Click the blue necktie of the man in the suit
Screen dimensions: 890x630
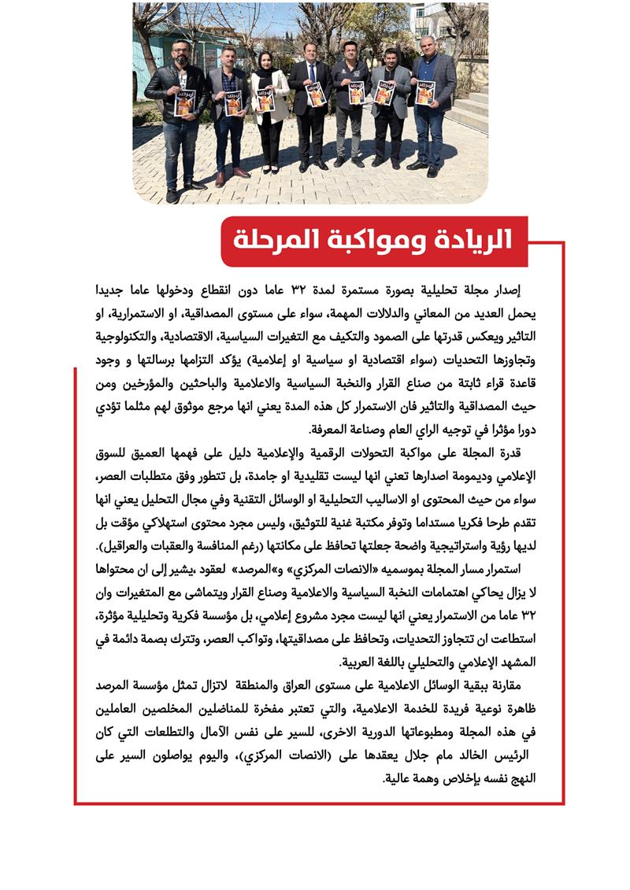click(x=311, y=77)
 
